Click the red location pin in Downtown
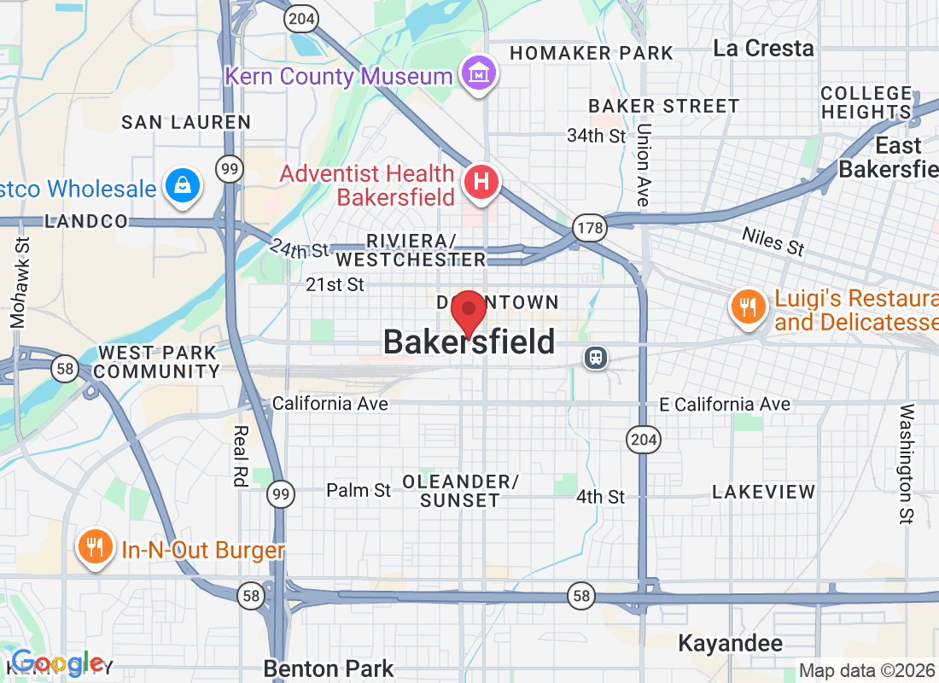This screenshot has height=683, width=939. (468, 312)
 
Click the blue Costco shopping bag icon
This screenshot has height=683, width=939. (182, 185)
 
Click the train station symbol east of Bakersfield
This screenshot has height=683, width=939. (595, 358)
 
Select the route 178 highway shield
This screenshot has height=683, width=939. (586, 226)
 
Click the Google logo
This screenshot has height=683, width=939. (58, 663)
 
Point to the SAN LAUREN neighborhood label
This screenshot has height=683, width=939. (186, 122)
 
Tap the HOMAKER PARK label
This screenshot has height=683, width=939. (592, 53)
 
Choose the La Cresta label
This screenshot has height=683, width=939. (763, 48)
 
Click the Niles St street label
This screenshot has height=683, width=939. (773, 241)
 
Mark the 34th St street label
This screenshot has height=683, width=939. (597, 136)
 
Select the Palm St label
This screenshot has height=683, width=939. (359, 490)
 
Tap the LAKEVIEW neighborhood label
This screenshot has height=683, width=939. (764, 492)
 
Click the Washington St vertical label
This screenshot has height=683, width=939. (906, 464)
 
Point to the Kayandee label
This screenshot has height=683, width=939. (730, 643)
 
